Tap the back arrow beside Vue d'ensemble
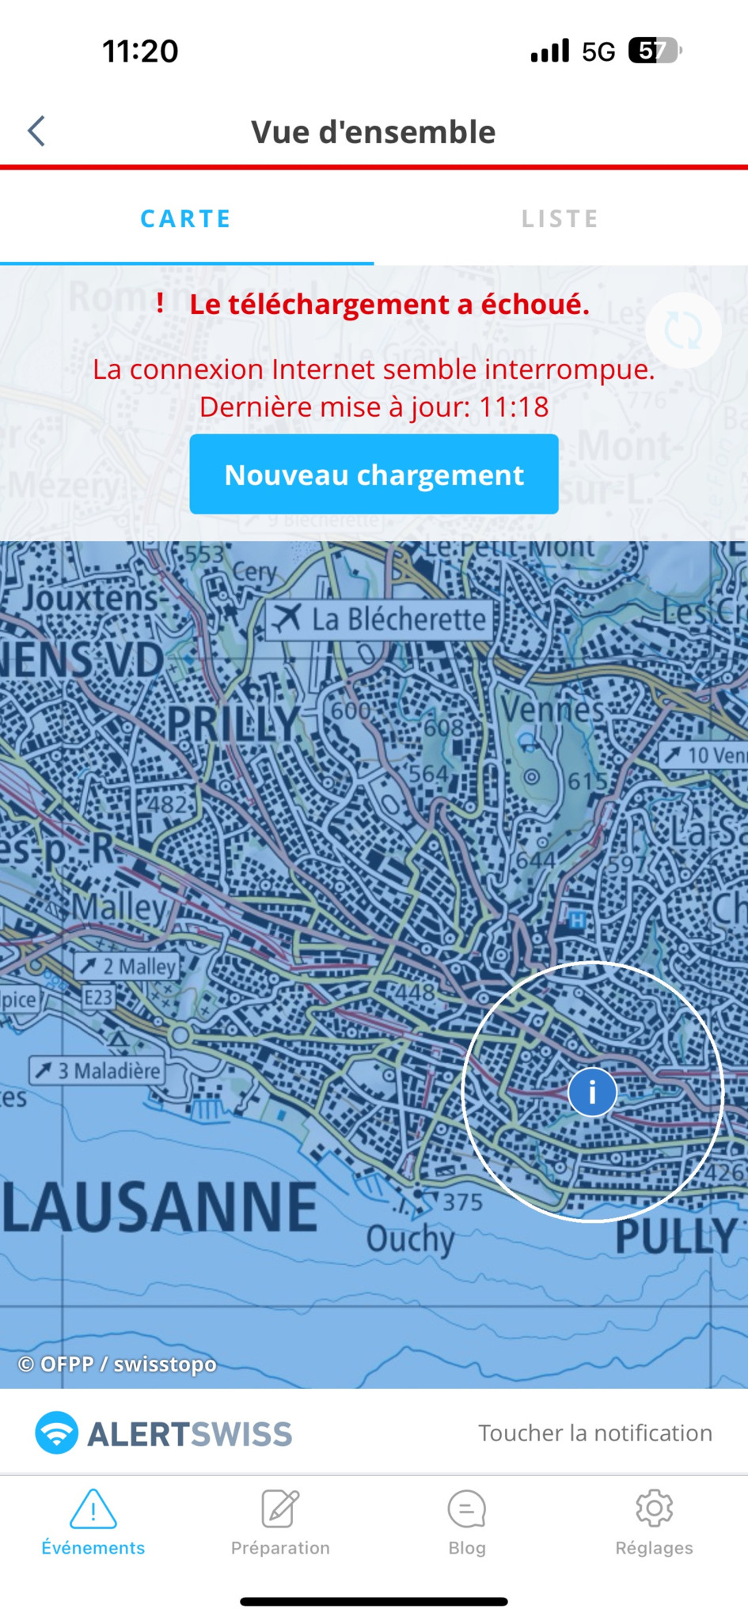(x=36, y=131)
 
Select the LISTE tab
(x=560, y=219)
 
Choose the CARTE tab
(x=186, y=219)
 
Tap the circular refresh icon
(x=683, y=330)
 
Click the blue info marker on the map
(x=592, y=1092)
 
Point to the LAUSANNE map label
(x=160, y=1208)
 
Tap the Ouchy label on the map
(x=410, y=1239)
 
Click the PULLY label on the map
(x=676, y=1236)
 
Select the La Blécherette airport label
(x=379, y=619)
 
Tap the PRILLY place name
(x=234, y=723)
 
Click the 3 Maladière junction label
(x=97, y=1071)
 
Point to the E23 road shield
(x=99, y=997)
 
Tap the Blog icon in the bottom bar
(x=467, y=1509)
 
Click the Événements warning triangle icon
(x=93, y=1509)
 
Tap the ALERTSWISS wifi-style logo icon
(x=57, y=1433)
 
